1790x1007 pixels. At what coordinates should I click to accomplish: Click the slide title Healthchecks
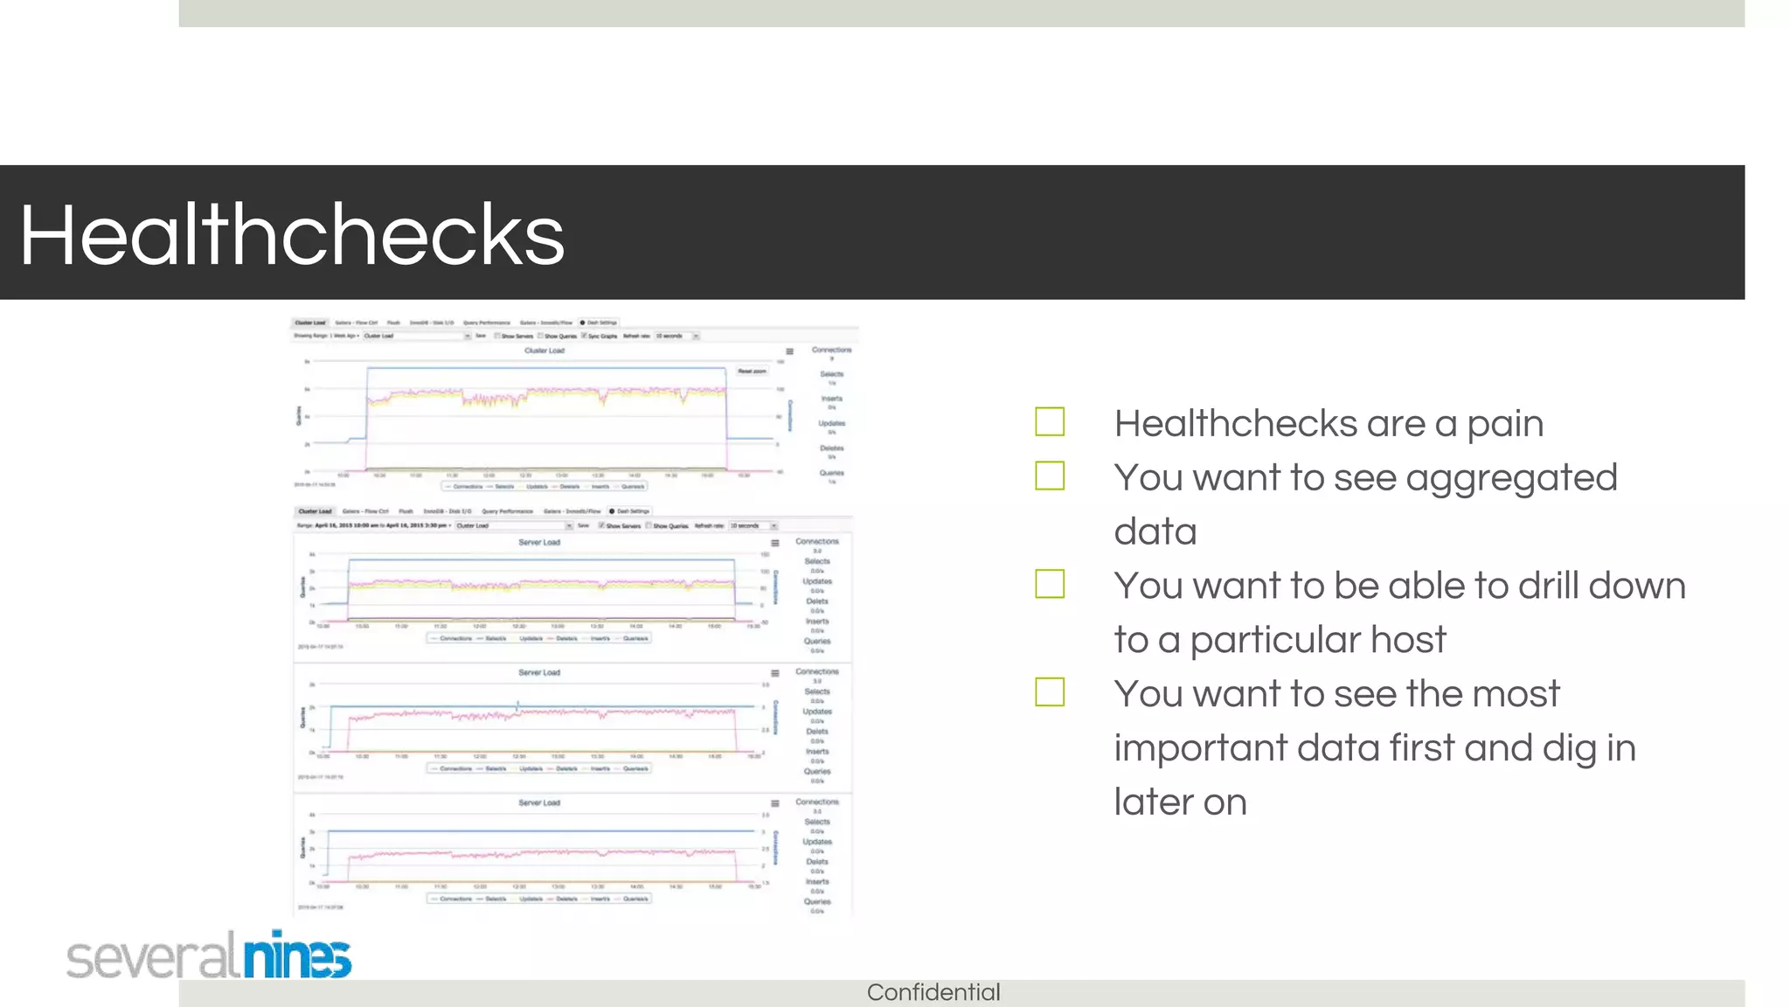[x=292, y=234]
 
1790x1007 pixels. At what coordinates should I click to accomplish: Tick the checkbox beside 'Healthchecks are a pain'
[x=1050, y=421]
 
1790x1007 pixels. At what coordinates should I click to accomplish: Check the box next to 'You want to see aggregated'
[x=1050, y=476]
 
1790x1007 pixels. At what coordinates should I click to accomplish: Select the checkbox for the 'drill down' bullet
[x=1050, y=584]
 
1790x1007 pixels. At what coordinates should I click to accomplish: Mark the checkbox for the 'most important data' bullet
[x=1050, y=692]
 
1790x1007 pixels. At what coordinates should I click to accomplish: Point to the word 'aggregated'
[x=1511, y=479]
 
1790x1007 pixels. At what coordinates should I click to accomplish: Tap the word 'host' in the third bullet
[x=1408, y=640]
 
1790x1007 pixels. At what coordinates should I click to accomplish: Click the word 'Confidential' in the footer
[x=933, y=993]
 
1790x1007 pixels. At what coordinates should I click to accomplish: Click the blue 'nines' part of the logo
[x=297, y=955]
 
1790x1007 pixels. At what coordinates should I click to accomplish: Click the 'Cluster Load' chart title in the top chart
[x=545, y=351]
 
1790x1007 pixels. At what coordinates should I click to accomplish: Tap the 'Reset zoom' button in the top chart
[x=752, y=372]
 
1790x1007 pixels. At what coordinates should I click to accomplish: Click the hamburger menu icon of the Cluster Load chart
[x=789, y=351]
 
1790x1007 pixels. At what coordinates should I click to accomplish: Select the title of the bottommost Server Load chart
[x=539, y=802]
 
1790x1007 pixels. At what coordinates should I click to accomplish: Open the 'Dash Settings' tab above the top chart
[x=600, y=323]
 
